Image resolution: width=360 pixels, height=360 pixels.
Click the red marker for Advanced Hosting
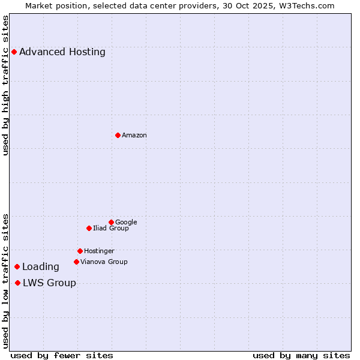(14, 52)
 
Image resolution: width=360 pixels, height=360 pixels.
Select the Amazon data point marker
(118, 135)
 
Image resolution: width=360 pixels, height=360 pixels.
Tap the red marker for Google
(111, 222)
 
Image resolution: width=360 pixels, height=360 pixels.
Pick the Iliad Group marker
(89, 228)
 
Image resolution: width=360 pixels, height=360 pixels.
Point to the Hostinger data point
(80, 251)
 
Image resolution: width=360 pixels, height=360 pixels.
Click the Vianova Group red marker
(76, 262)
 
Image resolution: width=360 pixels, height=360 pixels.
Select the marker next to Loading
(17, 266)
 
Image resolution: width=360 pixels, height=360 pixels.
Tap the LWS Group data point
(17, 283)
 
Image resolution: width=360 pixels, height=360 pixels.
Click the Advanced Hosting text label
(62, 52)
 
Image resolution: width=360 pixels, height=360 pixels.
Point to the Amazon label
(134, 135)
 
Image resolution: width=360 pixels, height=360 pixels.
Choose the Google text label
(126, 222)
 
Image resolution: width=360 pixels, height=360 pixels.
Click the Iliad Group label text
(111, 228)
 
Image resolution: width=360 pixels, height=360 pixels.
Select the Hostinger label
(99, 251)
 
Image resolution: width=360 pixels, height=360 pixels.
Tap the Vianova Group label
(104, 262)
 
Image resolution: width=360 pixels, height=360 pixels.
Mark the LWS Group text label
(49, 283)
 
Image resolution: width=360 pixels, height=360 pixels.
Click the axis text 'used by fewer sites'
(62, 355)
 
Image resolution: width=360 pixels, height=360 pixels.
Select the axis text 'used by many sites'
(301, 355)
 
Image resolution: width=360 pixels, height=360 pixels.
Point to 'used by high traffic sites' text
(6, 85)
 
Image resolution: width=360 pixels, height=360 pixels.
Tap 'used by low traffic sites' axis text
(6, 280)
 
